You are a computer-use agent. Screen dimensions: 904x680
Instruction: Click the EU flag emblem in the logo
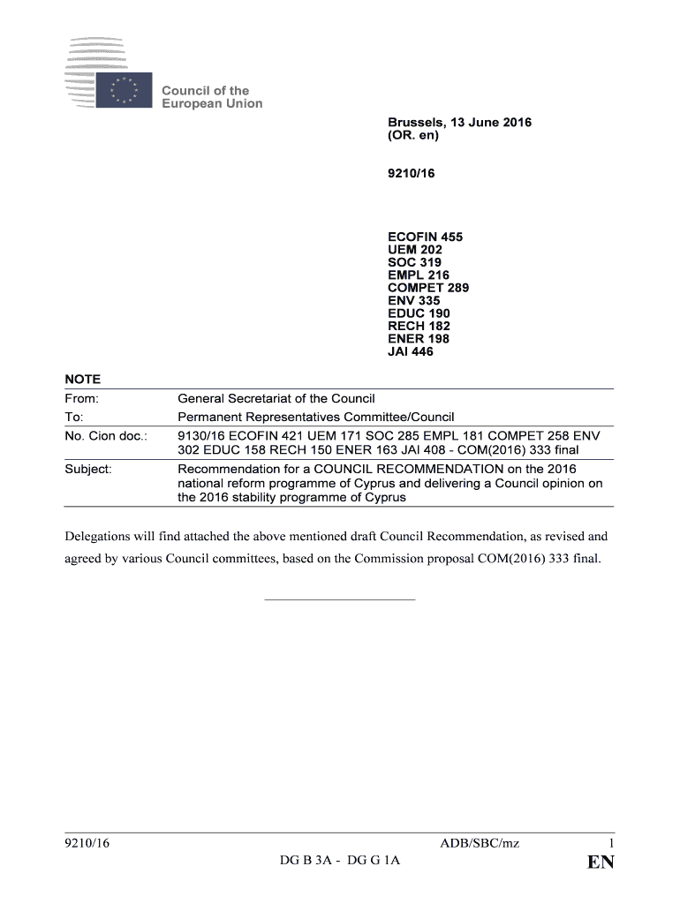click(x=125, y=90)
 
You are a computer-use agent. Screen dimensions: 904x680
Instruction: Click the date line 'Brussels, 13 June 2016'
click(x=459, y=123)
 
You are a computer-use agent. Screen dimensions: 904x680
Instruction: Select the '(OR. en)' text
click(x=413, y=136)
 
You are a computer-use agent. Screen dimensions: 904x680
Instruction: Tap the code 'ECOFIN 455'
click(x=425, y=237)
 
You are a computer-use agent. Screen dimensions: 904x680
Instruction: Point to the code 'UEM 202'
click(x=415, y=250)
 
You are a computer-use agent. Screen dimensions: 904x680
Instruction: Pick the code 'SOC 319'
click(x=414, y=262)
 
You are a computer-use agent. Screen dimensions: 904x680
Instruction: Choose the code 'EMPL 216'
click(x=419, y=275)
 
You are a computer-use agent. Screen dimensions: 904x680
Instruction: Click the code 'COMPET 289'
click(x=428, y=288)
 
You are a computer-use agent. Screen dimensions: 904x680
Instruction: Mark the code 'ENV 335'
click(x=413, y=301)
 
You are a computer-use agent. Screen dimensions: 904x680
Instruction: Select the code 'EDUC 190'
click(x=419, y=313)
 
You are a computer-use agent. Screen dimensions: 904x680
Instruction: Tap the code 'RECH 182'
click(x=419, y=327)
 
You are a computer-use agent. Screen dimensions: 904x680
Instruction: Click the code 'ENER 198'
click(x=419, y=339)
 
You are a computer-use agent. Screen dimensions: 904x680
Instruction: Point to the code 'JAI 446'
click(x=411, y=351)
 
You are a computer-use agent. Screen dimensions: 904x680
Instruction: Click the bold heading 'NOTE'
click(x=83, y=380)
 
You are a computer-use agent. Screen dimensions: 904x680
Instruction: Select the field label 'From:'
click(x=82, y=399)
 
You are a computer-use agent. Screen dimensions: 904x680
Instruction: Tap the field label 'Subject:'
click(x=88, y=469)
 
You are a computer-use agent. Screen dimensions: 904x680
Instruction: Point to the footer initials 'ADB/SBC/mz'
click(x=480, y=844)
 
